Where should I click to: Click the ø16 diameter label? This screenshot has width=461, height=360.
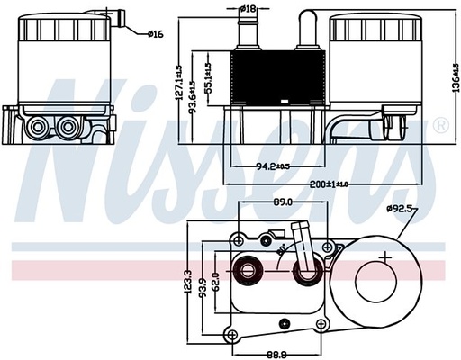coord(156,34)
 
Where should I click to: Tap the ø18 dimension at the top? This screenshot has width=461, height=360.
coord(248,9)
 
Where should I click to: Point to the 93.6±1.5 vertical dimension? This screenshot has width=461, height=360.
coord(194,96)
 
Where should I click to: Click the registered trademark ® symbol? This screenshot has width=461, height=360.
coord(440,122)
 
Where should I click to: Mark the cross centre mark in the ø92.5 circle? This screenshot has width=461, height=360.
coord(386,257)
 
